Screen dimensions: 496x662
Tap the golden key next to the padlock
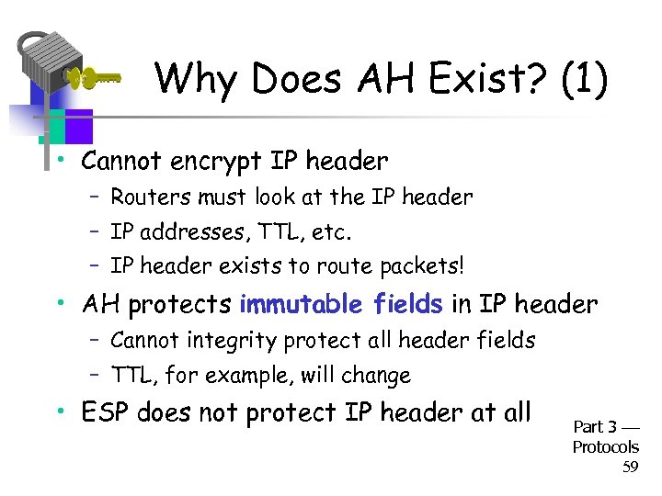(x=97, y=78)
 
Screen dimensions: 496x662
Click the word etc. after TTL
(x=331, y=231)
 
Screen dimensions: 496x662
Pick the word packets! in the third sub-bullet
(x=420, y=266)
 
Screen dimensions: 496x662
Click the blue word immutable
(x=294, y=303)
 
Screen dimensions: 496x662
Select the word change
(x=378, y=376)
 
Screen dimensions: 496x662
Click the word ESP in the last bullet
(x=104, y=413)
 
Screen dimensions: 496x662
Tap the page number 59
(x=630, y=468)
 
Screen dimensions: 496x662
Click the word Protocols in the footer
(x=605, y=447)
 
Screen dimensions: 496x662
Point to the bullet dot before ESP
(x=59, y=411)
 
